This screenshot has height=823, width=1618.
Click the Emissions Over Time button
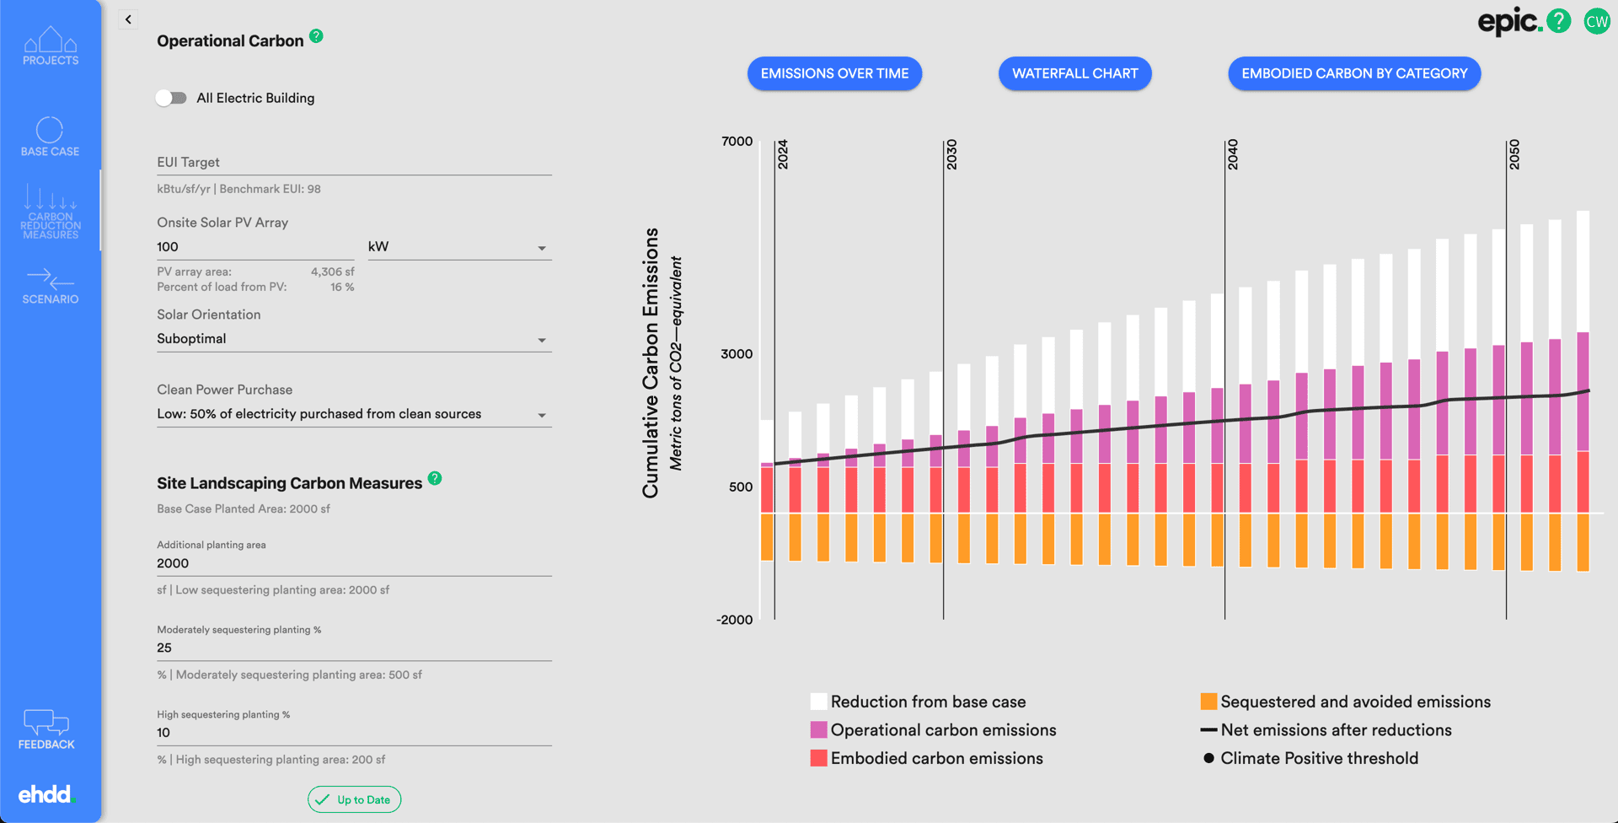point(834,73)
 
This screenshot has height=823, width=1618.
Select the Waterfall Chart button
point(1074,73)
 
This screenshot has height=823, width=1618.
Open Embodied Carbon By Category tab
point(1354,73)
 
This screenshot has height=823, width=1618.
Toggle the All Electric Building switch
point(171,98)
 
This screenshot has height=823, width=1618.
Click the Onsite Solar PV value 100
point(253,247)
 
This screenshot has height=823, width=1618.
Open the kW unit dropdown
point(459,247)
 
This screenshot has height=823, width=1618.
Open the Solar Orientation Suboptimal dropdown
point(354,339)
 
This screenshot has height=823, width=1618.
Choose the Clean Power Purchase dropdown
point(354,414)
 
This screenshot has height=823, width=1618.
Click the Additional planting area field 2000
point(354,563)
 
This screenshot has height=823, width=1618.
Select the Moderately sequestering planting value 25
point(354,648)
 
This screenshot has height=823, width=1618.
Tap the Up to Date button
point(354,799)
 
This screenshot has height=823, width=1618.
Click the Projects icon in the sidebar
point(51,46)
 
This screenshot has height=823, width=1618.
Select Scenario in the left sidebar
point(51,286)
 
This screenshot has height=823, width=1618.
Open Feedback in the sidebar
point(46,729)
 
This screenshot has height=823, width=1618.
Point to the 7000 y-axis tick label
point(737,142)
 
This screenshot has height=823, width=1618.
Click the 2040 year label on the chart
point(1232,154)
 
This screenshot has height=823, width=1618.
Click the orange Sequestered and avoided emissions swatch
point(1208,702)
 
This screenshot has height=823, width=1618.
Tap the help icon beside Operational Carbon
point(316,36)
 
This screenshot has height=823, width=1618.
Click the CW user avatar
point(1596,21)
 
